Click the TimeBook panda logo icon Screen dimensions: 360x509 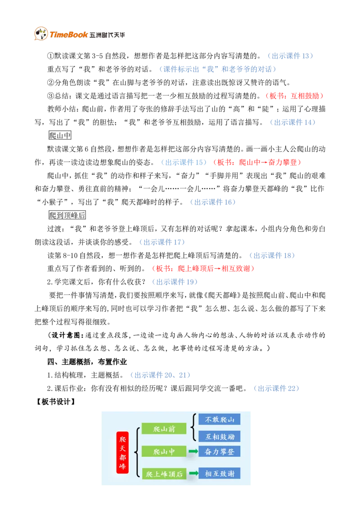click(41, 34)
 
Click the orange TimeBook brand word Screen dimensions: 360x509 click(68, 35)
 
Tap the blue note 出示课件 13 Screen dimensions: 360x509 click(290, 56)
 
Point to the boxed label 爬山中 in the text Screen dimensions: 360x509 click(60, 135)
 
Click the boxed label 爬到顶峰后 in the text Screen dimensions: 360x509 click(67, 215)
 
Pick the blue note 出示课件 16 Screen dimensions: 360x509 click(213, 202)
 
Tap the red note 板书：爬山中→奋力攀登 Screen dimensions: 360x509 click(257, 162)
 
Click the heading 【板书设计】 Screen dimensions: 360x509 click(55, 402)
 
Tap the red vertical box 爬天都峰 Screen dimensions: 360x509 click(122, 452)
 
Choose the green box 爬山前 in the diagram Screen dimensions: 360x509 click(164, 429)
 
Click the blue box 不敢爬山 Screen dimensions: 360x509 click(219, 420)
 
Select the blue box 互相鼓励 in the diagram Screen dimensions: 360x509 click(219, 437)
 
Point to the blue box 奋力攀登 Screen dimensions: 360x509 click(219, 451)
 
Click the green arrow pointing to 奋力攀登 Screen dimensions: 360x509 click(193, 451)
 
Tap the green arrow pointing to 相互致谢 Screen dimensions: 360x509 click(193, 473)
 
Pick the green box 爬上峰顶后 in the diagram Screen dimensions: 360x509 click(164, 473)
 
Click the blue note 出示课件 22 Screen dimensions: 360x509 click(276, 388)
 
